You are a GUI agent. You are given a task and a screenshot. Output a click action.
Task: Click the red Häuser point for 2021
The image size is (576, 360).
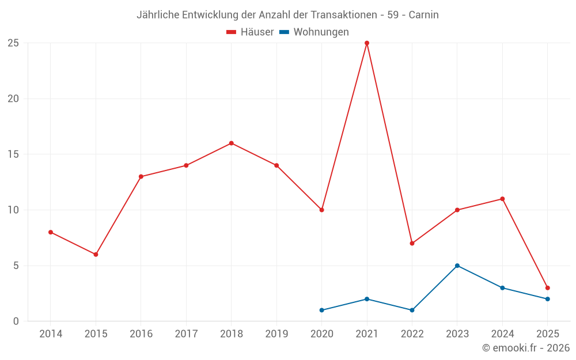pos(367,43)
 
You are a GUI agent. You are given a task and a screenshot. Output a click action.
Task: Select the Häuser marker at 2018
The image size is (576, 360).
pos(231,143)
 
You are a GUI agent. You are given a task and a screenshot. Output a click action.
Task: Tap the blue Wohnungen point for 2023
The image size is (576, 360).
pos(457,266)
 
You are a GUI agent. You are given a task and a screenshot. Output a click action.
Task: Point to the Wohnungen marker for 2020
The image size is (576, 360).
pos(321,310)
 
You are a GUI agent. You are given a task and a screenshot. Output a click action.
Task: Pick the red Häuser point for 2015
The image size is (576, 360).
pos(96,255)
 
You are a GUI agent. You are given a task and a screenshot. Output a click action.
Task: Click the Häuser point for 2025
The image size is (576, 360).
pos(548,288)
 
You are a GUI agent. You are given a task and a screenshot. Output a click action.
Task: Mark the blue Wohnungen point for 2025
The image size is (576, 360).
pos(548,299)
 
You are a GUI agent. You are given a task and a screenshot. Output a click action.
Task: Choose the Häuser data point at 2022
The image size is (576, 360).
pos(412,244)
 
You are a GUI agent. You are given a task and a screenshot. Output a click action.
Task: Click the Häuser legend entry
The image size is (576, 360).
pos(250,32)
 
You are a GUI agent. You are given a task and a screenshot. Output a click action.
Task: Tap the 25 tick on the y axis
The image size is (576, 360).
pos(13,43)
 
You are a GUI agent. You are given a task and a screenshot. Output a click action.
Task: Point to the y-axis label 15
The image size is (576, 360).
pos(13,154)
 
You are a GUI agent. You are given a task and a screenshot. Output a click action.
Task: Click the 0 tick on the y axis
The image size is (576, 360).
pos(16,321)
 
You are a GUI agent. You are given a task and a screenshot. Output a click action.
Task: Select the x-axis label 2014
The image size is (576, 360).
pos(51,334)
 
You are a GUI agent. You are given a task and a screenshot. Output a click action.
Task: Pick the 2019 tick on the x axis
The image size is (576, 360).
pos(276,334)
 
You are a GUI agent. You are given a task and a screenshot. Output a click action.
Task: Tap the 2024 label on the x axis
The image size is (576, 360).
pos(502,334)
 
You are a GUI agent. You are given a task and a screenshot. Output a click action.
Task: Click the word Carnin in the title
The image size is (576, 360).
pos(423,15)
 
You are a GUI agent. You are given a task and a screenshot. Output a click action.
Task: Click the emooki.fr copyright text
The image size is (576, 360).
pos(525,348)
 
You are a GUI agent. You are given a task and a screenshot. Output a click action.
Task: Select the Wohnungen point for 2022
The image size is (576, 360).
pos(412,310)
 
